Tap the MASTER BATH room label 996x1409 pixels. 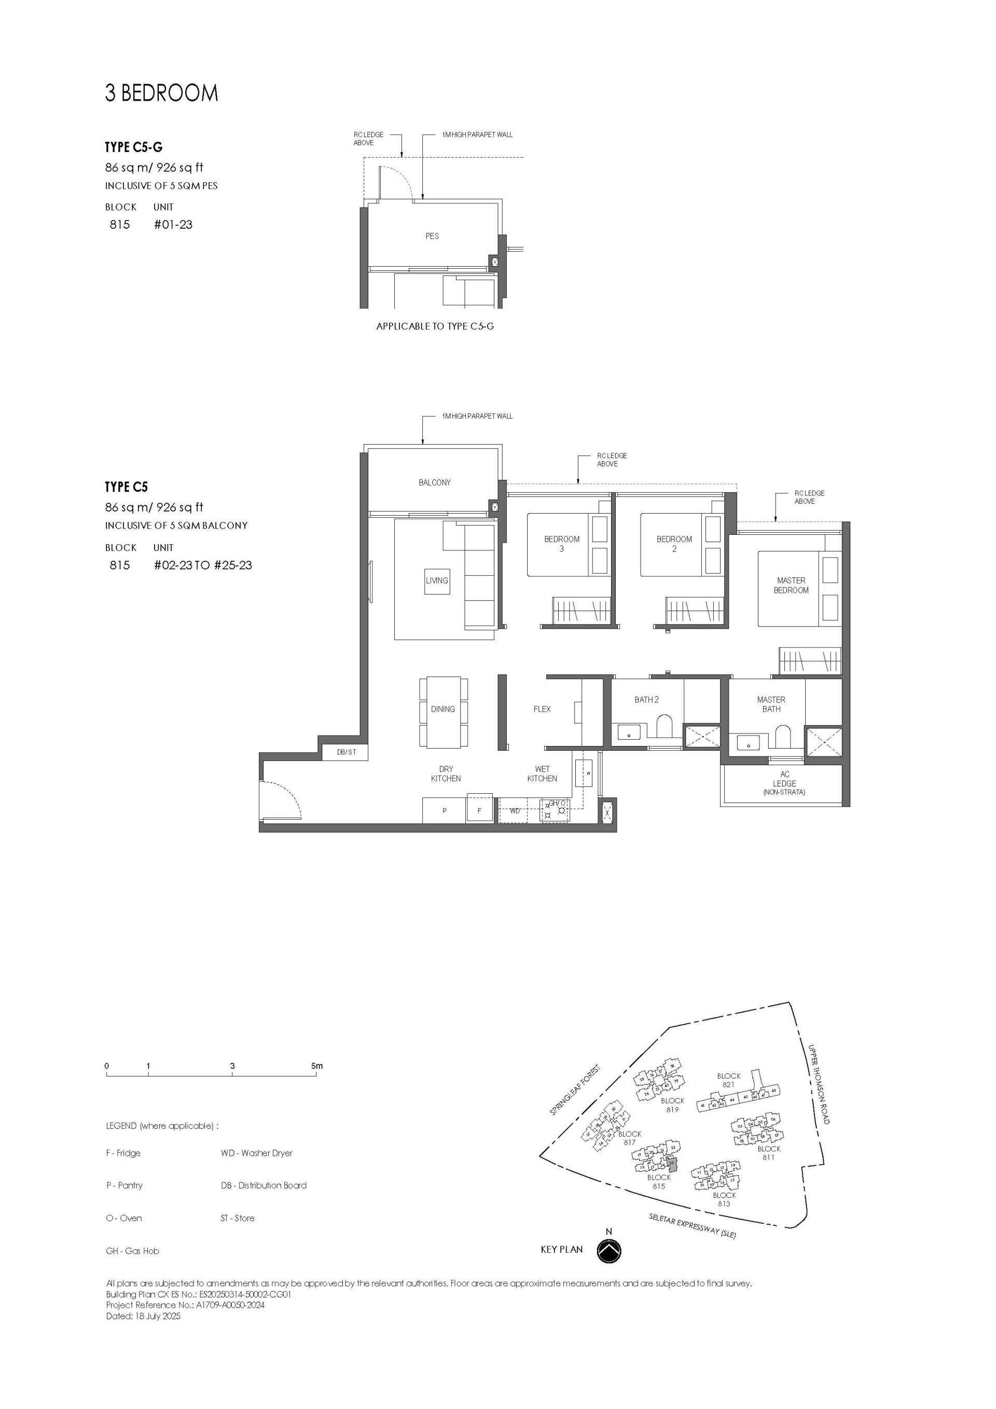(x=771, y=704)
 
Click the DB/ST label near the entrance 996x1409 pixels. (x=346, y=752)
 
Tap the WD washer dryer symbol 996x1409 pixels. (x=515, y=811)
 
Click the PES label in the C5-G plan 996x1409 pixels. (x=432, y=236)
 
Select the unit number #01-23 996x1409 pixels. (x=173, y=225)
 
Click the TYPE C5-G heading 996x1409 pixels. (x=133, y=147)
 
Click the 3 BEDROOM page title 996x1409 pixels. (x=161, y=93)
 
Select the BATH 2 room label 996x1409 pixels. (x=646, y=700)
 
